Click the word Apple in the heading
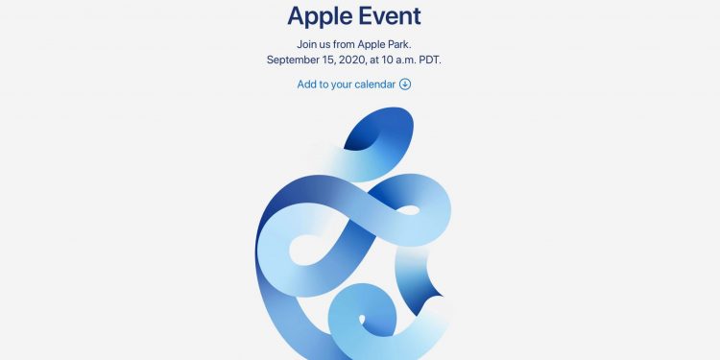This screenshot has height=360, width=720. click(321, 15)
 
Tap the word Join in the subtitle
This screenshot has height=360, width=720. click(310, 44)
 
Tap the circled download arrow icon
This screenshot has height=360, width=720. click(405, 84)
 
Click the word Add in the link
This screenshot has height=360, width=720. click(307, 84)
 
